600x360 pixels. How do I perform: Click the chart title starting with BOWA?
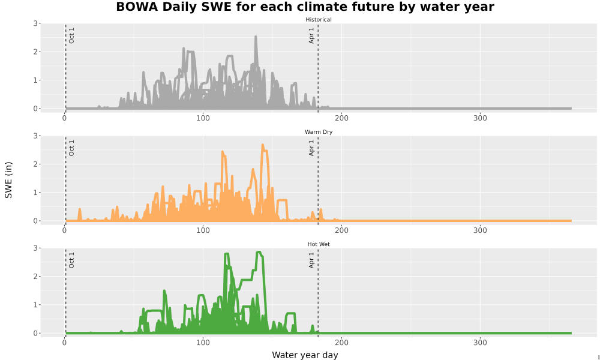coord(305,7)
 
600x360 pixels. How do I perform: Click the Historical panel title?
coord(319,20)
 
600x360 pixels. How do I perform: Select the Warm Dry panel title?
coord(319,132)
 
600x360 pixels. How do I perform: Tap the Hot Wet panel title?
coord(319,244)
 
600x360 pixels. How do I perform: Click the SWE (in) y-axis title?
coord(8,180)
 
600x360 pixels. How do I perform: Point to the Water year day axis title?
coord(305,355)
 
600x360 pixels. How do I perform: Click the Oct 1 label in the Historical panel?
coord(71,35)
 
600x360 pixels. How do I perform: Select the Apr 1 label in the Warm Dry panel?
coord(311,148)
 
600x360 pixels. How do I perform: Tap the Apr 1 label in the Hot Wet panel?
coord(311,260)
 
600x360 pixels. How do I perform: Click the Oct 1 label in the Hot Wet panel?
coord(71,260)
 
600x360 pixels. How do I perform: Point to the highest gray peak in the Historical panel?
coord(256,37)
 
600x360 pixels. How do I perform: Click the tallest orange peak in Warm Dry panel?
coord(263,145)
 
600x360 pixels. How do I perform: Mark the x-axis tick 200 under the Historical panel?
coord(341,118)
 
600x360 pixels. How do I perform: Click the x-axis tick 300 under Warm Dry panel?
coord(480,230)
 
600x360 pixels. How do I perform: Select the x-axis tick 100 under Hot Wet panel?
coord(203,343)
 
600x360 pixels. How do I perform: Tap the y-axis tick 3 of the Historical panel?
coord(35,24)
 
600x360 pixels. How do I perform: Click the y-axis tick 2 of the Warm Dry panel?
coord(35,164)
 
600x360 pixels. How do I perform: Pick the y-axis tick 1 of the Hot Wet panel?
coord(35,305)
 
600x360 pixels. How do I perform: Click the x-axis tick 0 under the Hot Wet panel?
coord(65,343)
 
